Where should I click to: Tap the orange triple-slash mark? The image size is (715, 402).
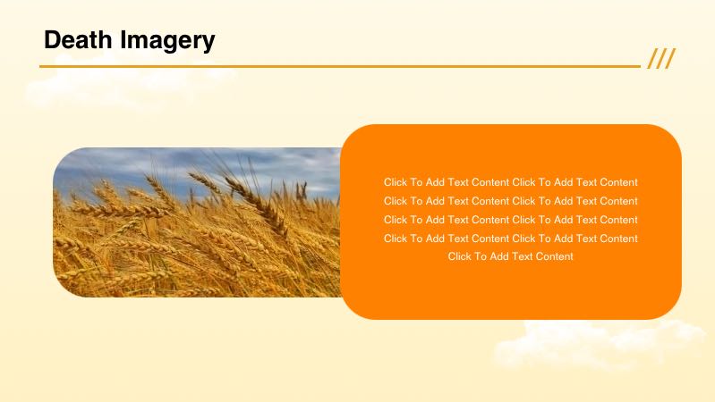pos(661,59)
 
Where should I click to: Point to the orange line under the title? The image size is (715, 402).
pos(340,66)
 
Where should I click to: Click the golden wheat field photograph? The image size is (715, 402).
pos(197,241)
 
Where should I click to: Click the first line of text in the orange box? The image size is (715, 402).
pos(510,182)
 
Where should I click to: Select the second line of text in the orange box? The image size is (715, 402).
pos(510,201)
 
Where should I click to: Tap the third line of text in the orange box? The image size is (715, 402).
pos(510,220)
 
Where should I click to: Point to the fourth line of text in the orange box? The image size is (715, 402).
pos(510,239)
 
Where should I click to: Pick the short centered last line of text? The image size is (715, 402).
pos(510,256)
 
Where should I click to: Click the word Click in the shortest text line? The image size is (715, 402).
pos(460,256)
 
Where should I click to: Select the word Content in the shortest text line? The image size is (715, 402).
pos(555,256)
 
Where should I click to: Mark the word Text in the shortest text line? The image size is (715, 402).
pos(523,256)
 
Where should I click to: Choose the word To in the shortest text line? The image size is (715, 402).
pos(481,256)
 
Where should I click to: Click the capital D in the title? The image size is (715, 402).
pos(52,40)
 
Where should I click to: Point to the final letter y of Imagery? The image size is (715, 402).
pos(209,42)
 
